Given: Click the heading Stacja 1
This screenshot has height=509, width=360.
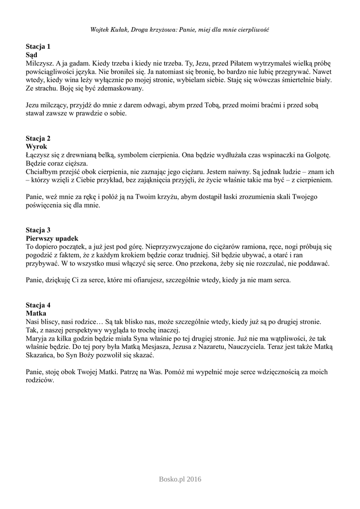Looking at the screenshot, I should click(x=38, y=46).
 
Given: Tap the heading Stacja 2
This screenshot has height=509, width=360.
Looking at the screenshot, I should click(x=38, y=138).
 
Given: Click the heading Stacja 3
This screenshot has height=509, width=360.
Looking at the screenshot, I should click(x=38, y=230).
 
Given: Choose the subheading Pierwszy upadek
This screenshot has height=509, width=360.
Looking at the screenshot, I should click(x=52, y=238).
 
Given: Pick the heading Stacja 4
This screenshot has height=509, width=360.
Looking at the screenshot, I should click(x=38, y=305).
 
